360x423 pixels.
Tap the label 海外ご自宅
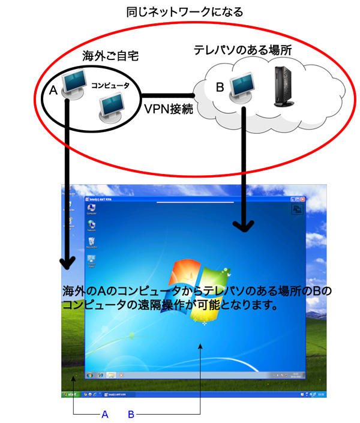[x=110, y=56]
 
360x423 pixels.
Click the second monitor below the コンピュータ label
[x=112, y=107]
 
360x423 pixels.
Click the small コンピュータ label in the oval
[x=110, y=86]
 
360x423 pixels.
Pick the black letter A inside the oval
[x=52, y=91]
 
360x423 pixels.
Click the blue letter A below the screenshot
[x=105, y=414]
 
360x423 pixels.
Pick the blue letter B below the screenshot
[x=131, y=414]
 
